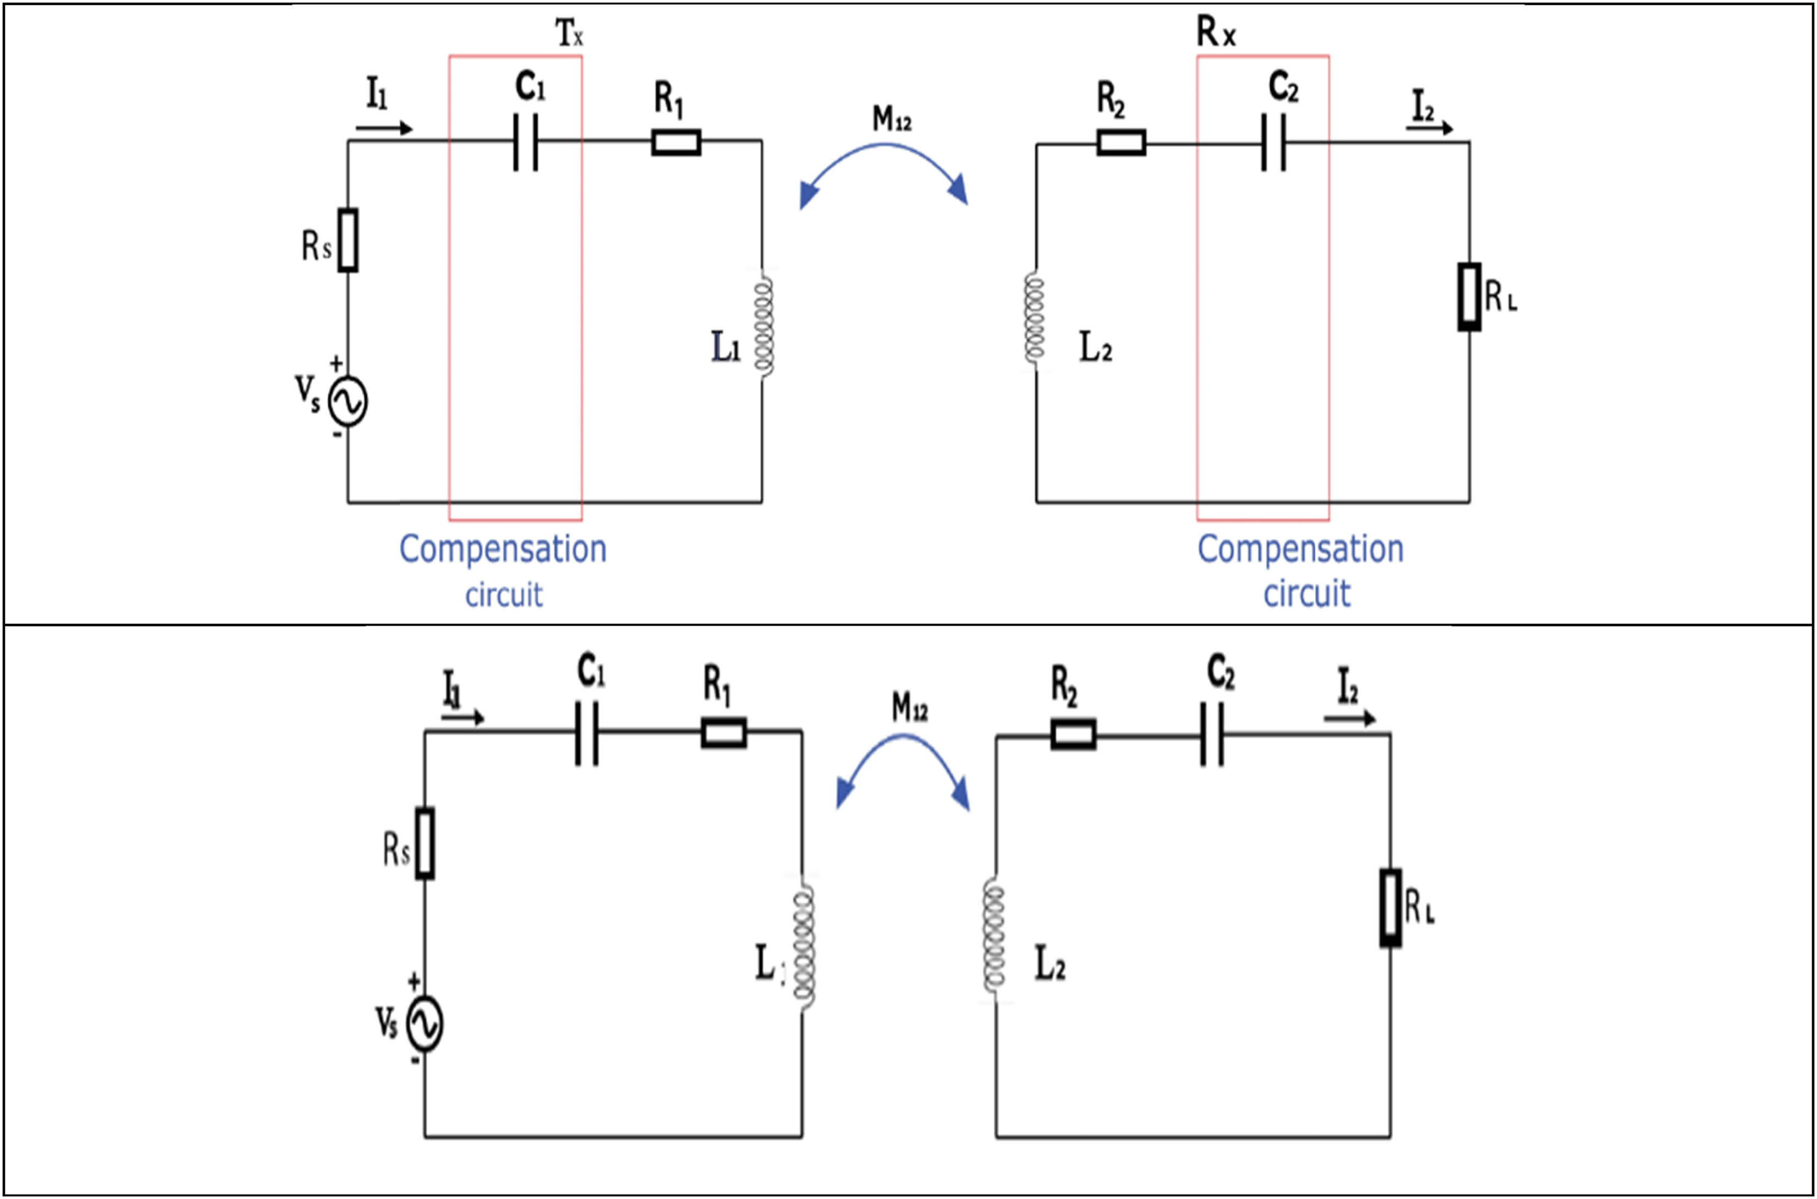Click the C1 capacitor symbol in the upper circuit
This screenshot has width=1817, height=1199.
tap(525, 142)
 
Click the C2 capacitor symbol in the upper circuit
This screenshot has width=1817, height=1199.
tap(1273, 142)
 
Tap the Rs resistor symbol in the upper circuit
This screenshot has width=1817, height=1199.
tap(348, 239)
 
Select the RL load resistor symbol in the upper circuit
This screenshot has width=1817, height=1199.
tap(1468, 297)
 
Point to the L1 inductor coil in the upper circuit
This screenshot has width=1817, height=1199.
tap(763, 325)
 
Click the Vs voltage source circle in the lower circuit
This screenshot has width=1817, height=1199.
tap(425, 1024)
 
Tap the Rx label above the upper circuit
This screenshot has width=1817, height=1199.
tap(1215, 32)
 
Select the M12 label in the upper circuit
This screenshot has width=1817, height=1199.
tap(891, 118)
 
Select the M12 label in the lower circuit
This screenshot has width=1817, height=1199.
tap(909, 707)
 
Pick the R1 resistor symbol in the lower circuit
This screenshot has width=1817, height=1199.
tap(723, 733)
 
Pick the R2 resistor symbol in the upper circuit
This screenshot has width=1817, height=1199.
tap(1121, 142)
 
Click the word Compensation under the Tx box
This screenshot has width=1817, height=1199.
tap(502, 549)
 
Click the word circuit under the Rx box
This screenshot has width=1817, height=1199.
tap(1306, 593)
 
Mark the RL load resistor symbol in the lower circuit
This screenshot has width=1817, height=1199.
tap(1390, 908)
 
